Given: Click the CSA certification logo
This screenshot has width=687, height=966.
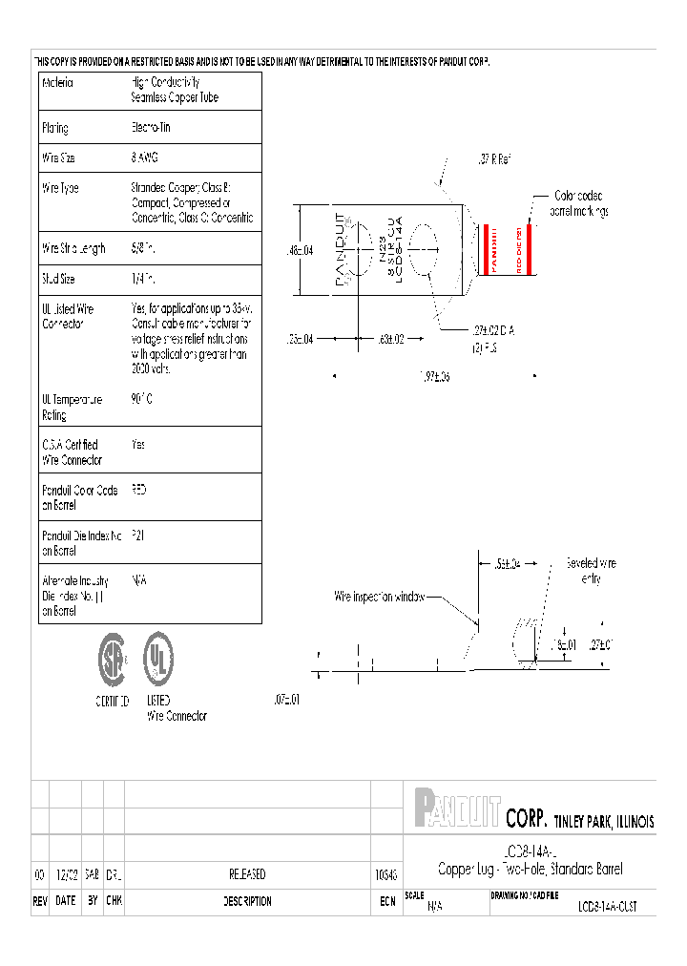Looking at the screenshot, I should coord(113,660).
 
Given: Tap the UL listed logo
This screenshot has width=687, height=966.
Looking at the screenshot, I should coord(158,660).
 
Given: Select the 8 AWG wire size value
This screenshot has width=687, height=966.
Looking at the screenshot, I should coord(145,157).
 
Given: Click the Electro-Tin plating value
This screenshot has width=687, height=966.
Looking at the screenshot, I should coord(151,127).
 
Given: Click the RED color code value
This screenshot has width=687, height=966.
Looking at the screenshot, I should coord(139,490).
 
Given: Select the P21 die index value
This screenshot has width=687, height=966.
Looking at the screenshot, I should coord(137,535).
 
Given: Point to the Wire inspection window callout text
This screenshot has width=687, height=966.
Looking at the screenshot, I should coord(378,597).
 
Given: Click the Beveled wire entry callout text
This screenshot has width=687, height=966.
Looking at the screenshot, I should coord(591,570).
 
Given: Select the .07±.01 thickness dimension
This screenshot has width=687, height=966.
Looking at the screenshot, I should coord(286,700).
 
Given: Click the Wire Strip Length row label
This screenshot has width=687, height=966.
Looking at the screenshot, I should coord(73,249).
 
